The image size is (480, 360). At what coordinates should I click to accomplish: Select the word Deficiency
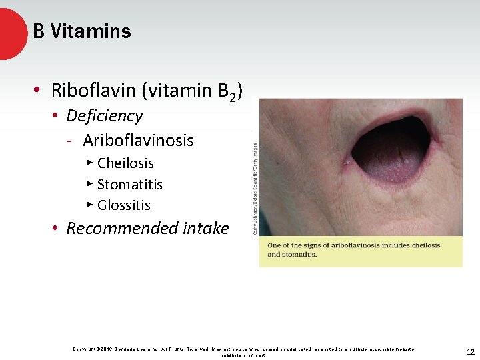(105, 116)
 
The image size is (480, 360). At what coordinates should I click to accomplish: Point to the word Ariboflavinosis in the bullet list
(138, 141)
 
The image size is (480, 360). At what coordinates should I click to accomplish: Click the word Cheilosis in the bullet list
(125, 163)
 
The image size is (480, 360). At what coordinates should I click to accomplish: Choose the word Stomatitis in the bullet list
(130, 185)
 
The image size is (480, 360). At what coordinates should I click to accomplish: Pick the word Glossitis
(124, 205)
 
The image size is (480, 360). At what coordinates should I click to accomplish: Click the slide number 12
(470, 352)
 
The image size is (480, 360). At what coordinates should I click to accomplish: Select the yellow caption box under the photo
(361, 251)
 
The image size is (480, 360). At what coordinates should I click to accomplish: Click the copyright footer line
(243, 350)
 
